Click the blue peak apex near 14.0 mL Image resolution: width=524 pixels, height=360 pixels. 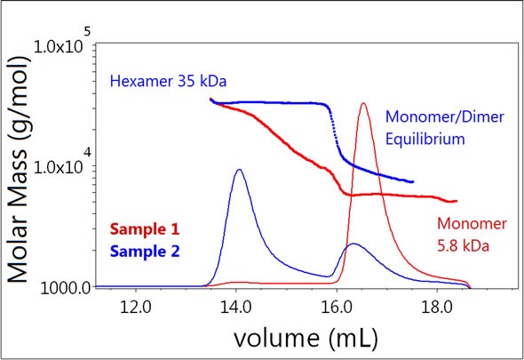(x=238, y=169)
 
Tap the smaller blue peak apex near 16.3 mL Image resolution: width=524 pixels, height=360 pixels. (x=353, y=244)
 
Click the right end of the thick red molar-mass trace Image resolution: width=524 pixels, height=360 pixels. (x=455, y=201)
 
